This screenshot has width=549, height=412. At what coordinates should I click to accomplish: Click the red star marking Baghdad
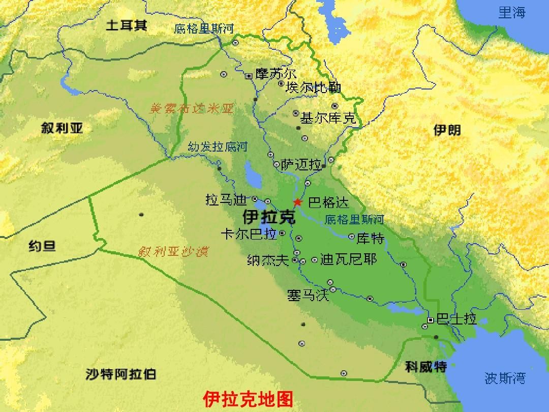[x=297, y=202]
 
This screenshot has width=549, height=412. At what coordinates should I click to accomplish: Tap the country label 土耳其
[x=126, y=25]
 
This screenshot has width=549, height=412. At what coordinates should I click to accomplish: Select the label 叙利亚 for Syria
[x=62, y=128]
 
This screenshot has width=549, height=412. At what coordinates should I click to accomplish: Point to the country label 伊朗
[x=447, y=130]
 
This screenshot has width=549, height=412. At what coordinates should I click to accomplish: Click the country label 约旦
[x=42, y=247]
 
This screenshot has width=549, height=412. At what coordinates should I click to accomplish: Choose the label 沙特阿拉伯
[x=121, y=375]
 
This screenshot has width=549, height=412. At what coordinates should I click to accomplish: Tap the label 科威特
[x=426, y=366]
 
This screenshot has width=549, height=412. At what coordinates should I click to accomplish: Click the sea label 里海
[x=512, y=13]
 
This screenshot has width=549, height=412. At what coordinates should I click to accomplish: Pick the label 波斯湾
[x=505, y=378]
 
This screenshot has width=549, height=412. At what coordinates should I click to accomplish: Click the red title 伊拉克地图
[x=248, y=399]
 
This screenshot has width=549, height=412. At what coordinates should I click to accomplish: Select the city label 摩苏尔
[x=276, y=74]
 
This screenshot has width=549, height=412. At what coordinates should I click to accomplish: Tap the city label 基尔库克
[x=328, y=119]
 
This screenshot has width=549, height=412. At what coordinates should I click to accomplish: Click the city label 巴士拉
[x=456, y=319]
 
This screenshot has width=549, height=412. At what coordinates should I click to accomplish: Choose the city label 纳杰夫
[x=268, y=260]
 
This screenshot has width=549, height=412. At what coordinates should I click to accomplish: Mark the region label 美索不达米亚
[x=191, y=108]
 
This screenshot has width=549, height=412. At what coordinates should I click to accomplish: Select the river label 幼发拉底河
[x=217, y=148]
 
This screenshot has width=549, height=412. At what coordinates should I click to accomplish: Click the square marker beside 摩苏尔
[x=249, y=76]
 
